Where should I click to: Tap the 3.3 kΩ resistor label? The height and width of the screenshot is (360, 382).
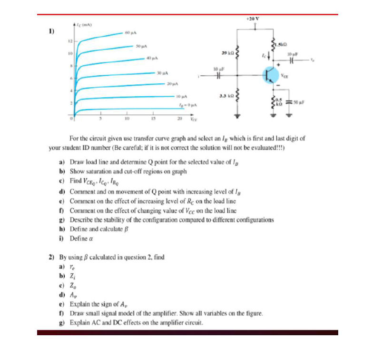tap(226, 95)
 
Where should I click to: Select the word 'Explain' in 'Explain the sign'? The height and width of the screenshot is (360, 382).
tap(79, 303)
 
